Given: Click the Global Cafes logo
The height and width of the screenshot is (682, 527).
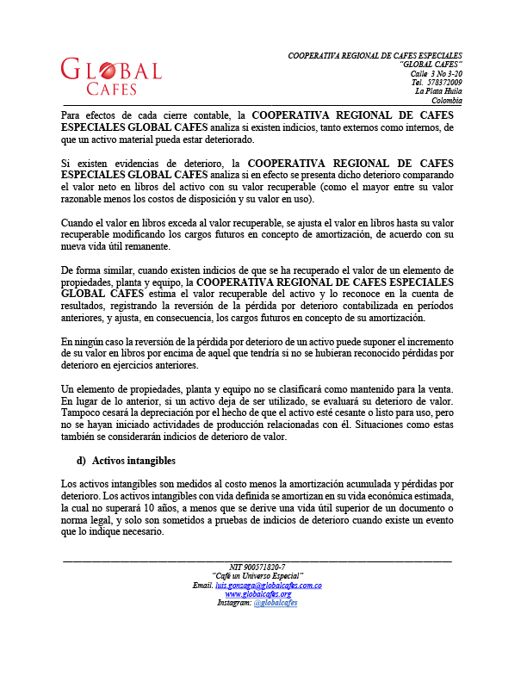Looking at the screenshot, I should [111, 76].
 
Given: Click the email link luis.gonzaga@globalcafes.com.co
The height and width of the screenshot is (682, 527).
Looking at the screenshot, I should [269, 586].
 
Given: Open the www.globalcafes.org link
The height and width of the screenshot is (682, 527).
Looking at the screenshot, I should [258, 594].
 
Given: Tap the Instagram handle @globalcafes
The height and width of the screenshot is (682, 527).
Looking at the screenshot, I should [276, 603].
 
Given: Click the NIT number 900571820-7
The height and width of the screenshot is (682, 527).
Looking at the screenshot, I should [258, 567].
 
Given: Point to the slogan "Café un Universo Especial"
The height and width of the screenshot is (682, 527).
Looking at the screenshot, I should [257, 576].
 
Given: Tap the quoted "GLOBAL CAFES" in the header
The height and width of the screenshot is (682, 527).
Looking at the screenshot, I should [431, 65].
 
